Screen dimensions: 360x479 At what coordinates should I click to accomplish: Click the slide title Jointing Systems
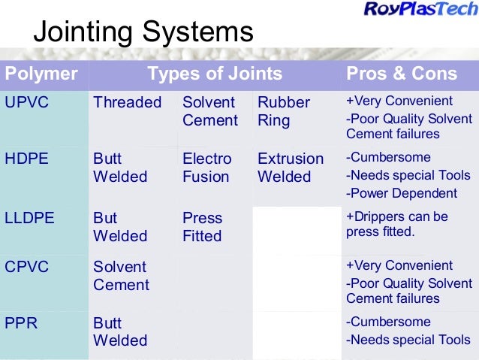pyautogui.click(x=143, y=33)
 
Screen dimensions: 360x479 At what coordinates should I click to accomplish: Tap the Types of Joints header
pyautogui.click(x=215, y=74)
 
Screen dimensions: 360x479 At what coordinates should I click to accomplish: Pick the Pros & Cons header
pyautogui.click(x=401, y=74)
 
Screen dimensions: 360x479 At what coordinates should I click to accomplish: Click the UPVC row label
pyautogui.click(x=27, y=102)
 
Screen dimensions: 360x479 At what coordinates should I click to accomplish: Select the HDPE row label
pyautogui.click(x=27, y=159)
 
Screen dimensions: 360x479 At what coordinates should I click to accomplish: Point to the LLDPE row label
pyautogui.click(x=30, y=218)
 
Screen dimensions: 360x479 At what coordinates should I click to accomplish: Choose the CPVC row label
pyautogui.click(x=27, y=267)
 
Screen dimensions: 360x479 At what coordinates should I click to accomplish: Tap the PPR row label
pyautogui.click(x=23, y=322)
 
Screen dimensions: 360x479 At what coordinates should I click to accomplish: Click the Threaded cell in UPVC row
pyautogui.click(x=127, y=102)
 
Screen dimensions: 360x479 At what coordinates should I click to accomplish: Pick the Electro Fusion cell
pyautogui.click(x=206, y=168)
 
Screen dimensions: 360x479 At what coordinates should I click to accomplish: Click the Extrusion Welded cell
pyautogui.click(x=290, y=168)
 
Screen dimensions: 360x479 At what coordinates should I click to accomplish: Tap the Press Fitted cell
pyautogui.click(x=202, y=227)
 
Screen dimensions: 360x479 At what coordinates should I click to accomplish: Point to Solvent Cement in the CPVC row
pyautogui.click(x=121, y=276)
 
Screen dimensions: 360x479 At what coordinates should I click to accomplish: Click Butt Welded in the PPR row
pyautogui.click(x=119, y=331)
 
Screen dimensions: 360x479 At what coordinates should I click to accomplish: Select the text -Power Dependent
pyautogui.click(x=400, y=193)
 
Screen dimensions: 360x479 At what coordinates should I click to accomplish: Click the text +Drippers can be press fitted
pyautogui.click(x=396, y=224)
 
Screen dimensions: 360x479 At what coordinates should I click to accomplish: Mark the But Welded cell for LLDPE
pyautogui.click(x=119, y=227)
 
